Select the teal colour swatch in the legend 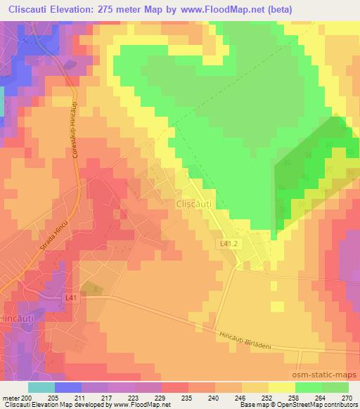pyautogui.click(x=41, y=387)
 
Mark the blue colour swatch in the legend pyautogui.click(x=68, y=387)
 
